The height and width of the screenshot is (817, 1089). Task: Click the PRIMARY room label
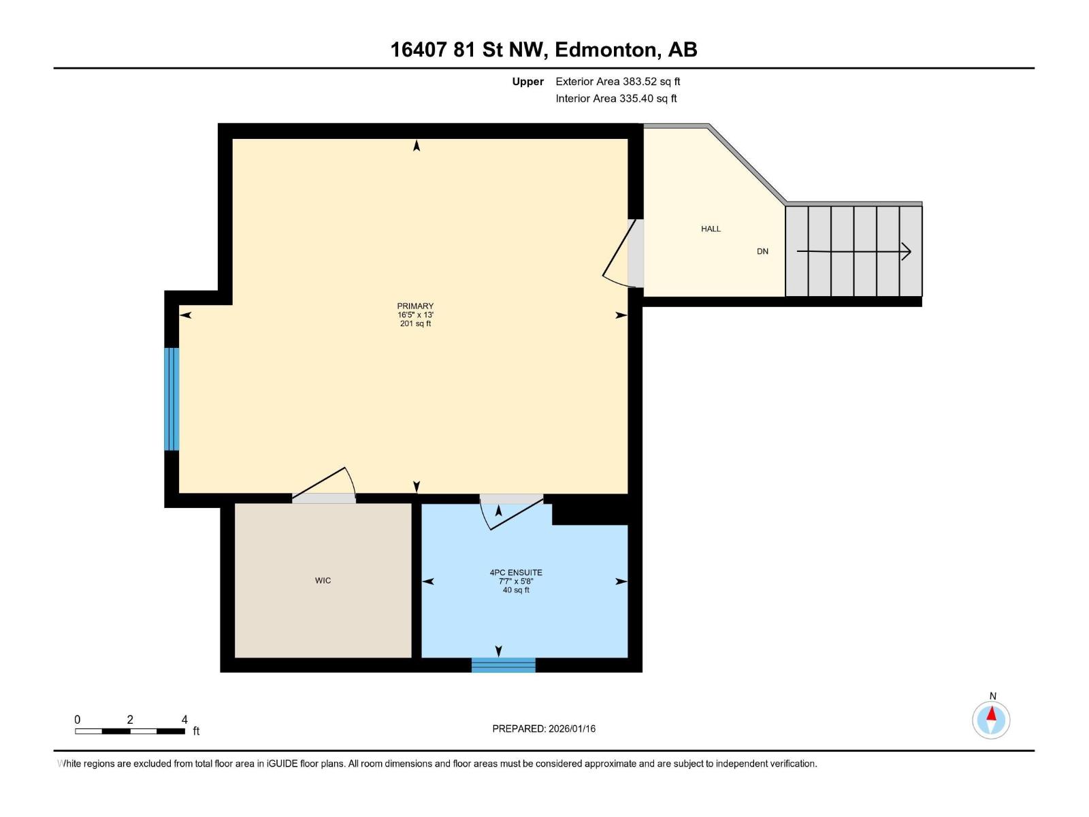point(415,306)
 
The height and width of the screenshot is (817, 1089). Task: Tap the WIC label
point(323,581)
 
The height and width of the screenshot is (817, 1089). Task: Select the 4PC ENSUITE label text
point(516,573)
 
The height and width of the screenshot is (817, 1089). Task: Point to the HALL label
point(711,229)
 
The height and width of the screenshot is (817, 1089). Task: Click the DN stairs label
point(762,251)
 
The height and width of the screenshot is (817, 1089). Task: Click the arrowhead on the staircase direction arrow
point(906,252)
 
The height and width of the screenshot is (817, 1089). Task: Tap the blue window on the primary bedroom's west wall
point(172,399)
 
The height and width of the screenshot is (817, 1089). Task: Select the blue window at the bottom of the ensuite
point(503,665)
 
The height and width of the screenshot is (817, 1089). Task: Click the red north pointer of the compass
point(992,714)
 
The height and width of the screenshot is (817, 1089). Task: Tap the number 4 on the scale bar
point(184,720)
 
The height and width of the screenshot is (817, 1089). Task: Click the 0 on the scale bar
point(78,720)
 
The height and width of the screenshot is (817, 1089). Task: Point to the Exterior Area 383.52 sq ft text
point(617,82)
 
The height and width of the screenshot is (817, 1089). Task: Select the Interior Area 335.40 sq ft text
point(616,99)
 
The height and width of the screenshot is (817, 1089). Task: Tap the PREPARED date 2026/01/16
point(571,728)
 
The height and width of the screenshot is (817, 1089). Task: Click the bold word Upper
point(527,82)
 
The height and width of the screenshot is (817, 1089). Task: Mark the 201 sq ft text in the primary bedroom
point(415,324)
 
